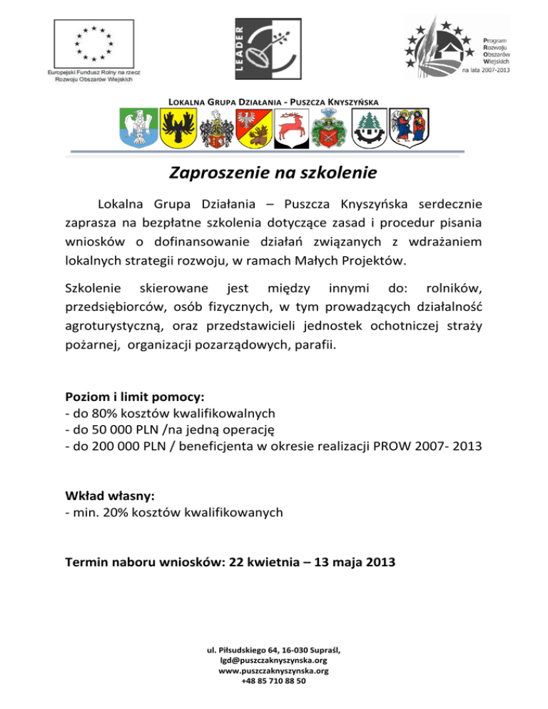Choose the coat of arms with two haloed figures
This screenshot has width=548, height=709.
tap(410, 126)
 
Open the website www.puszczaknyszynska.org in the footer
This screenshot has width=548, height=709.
tap(273, 670)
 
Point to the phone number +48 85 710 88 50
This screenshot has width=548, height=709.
tap(273, 681)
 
